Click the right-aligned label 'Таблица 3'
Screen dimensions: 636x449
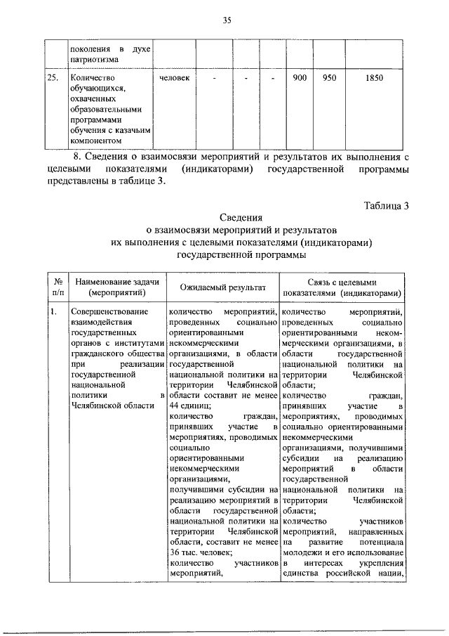point(385,205)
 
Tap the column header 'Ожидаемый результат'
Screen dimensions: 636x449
point(223,287)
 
